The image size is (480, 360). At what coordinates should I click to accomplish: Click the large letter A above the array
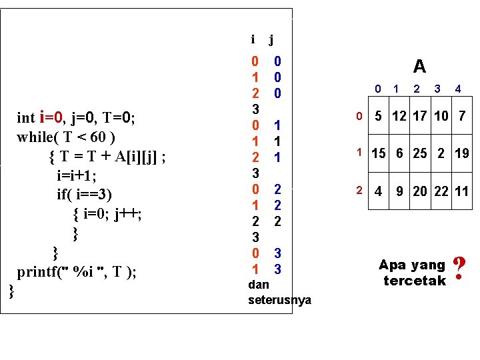[x=419, y=66]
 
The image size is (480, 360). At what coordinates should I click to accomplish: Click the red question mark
[x=458, y=269]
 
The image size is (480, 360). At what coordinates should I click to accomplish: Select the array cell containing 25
[x=421, y=153]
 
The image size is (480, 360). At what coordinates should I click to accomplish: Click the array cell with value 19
[x=462, y=153]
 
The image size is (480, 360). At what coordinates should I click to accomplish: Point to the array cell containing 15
[x=379, y=153]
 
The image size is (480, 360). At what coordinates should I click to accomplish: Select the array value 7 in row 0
[x=462, y=117]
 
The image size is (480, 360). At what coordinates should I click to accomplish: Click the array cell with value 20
[x=421, y=191]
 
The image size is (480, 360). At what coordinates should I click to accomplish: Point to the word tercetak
[x=414, y=281]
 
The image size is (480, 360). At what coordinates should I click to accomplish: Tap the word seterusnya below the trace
[x=279, y=300]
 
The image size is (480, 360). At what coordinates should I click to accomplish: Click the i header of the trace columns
[x=253, y=39]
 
